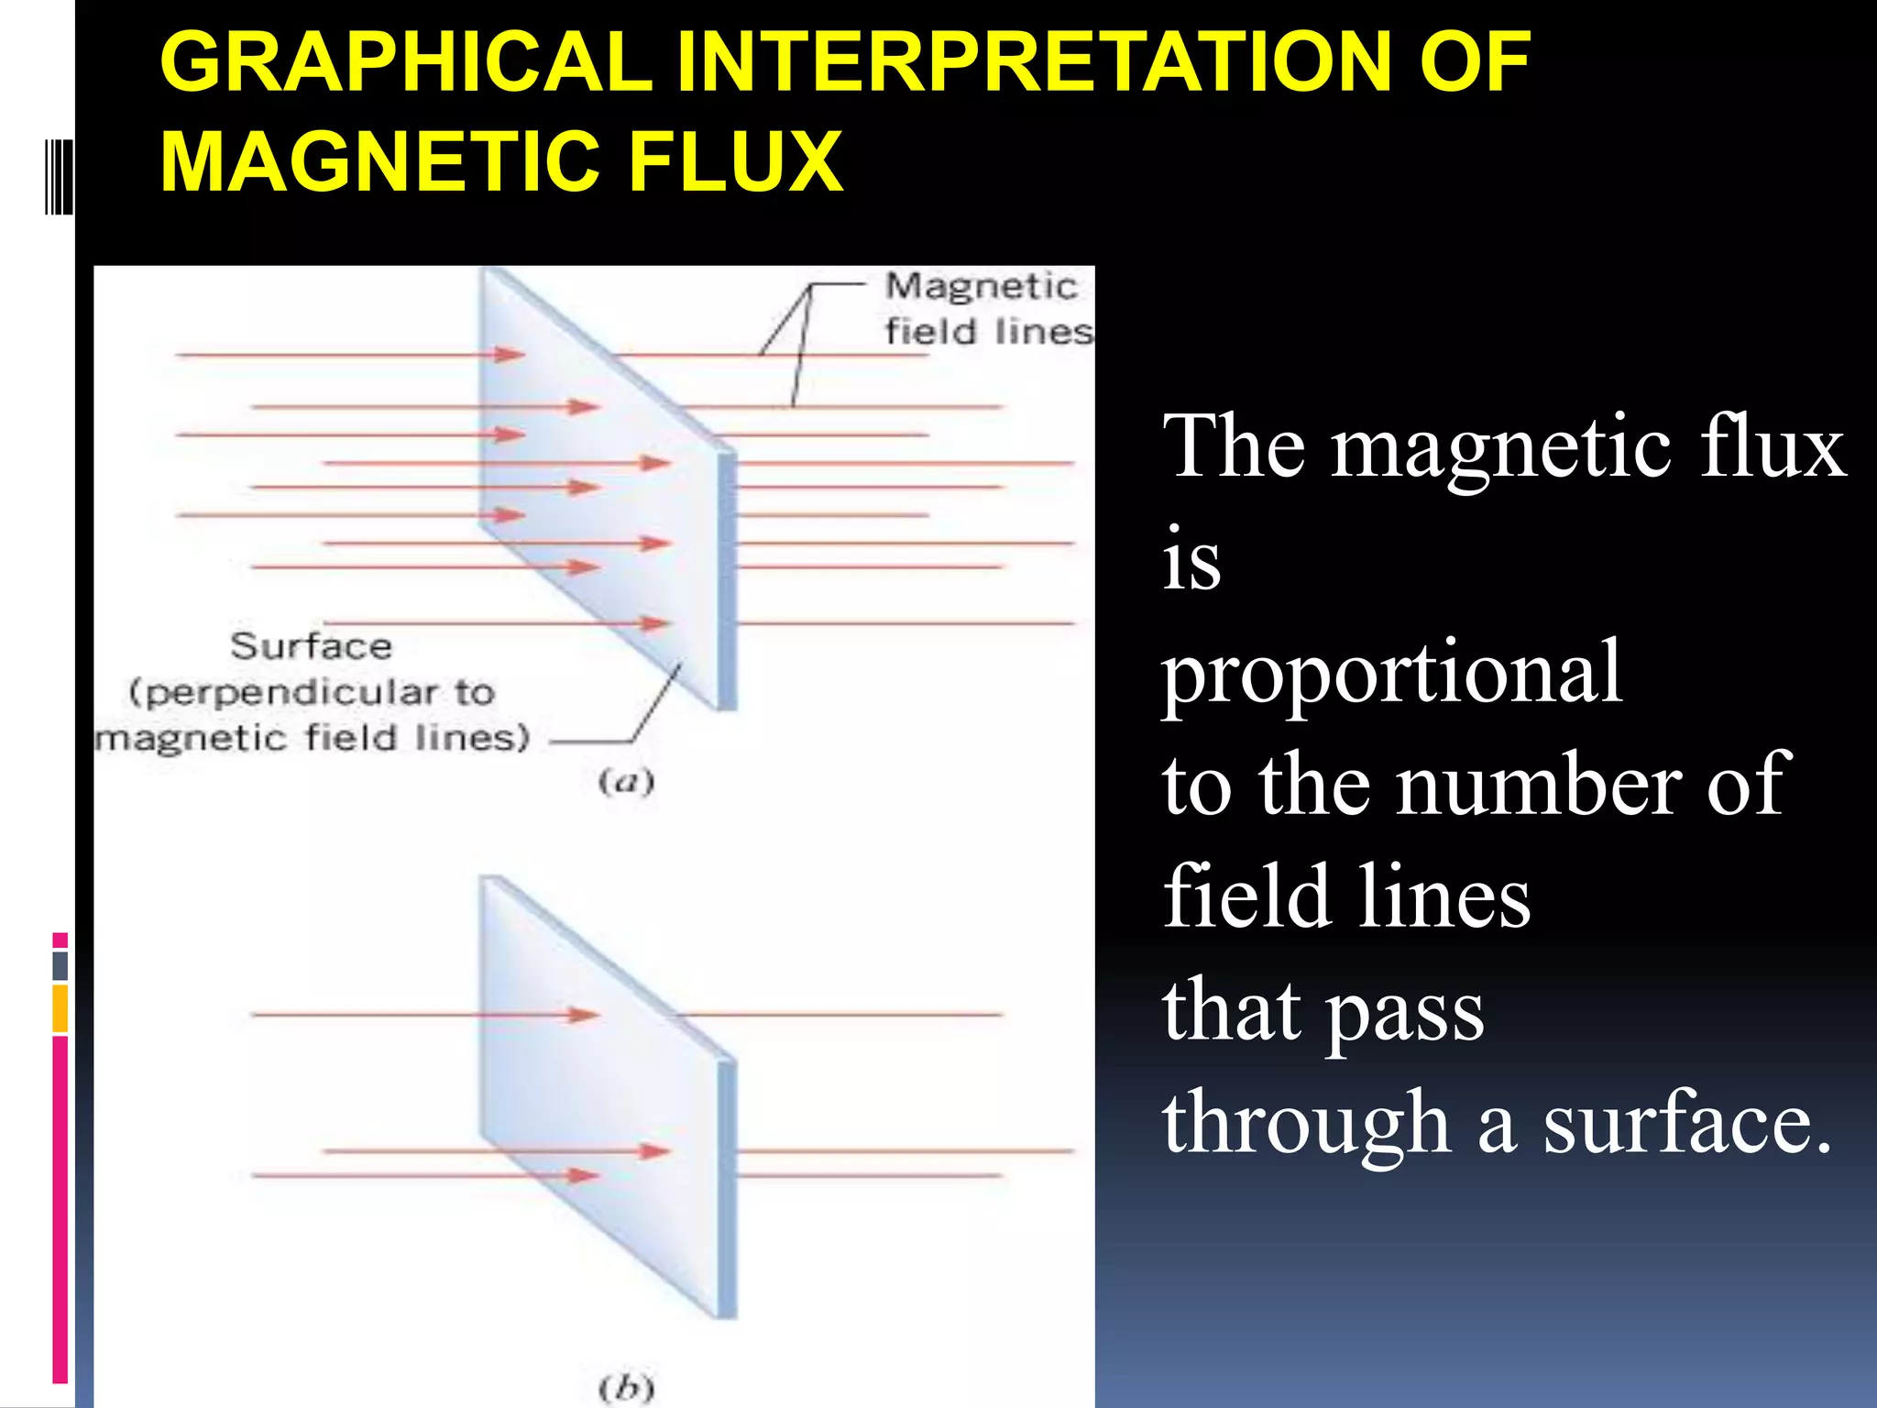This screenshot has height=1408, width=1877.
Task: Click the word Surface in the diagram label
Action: pyautogui.click(x=312, y=646)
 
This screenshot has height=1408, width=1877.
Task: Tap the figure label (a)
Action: pyautogui.click(x=626, y=782)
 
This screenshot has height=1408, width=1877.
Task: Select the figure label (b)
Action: pyautogui.click(x=626, y=1388)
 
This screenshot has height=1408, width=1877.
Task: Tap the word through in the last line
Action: pyautogui.click(x=1306, y=1123)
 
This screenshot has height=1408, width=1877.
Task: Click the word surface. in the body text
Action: pyautogui.click(x=1686, y=1123)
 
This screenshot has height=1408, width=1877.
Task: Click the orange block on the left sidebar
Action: pyautogui.click(x=60, y=1008)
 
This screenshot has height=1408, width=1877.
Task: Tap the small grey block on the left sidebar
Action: pyautogui.click(x=60, y=965)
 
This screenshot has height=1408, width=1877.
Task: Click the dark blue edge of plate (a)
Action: pyautogui.click(x=727, y=582)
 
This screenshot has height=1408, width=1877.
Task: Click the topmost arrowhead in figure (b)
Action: pyautogui.click(x=584, y=1015)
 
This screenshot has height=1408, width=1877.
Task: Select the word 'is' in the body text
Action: pyautogui.click(x=1191, y=561)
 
